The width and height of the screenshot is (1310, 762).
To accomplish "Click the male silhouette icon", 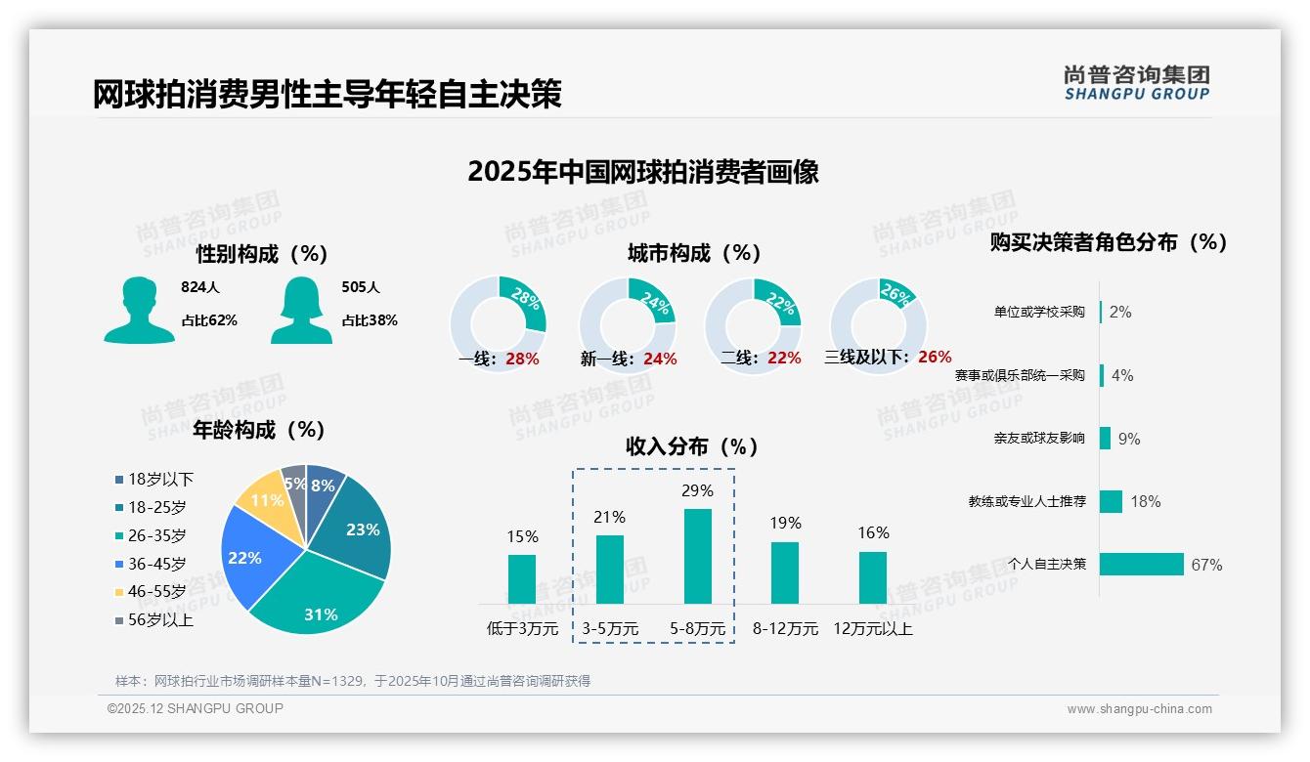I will pyautogui.click(x=139, y=310).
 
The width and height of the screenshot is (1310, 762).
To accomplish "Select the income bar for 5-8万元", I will pyautogui.click(x=697, y=556).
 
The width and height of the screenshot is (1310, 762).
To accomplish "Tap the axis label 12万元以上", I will pyautogui.click(x=872, y=629).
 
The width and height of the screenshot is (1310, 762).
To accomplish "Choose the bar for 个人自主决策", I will pyautogui.click(x=1142, y=564).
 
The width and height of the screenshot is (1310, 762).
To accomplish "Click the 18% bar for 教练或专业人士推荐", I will pyautogui.click(x=1111, y=501).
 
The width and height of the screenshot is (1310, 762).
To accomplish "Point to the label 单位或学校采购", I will pyautogui.click(x=1039, y=312).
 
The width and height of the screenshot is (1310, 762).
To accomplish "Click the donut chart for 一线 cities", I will pyautogui.click(x=498, y=322).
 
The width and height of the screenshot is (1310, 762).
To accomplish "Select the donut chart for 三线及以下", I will pyautogui.click(x=877, y=322).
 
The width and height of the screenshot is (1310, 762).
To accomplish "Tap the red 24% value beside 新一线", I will pyautogui.click(x=660, y=359).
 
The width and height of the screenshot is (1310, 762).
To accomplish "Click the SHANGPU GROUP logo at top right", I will pyautogui.click(x=1136, y=82).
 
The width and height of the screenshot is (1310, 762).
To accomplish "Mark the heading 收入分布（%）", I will pyautogui.click(x=692, y=446).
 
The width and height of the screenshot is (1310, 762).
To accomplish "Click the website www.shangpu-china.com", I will pyautogui.click(x=1139, y=709).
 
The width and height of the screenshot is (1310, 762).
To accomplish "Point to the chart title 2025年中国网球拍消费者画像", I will pyautogui.click(x=642, y=172).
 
